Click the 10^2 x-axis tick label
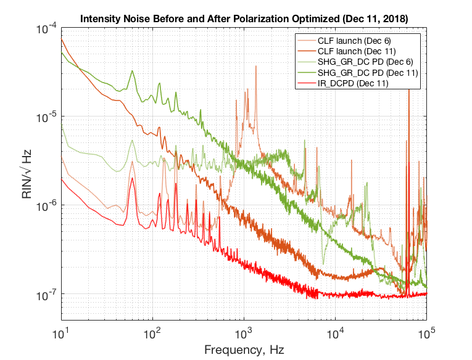(x=153, y=333)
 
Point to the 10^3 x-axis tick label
(x=244, y=333)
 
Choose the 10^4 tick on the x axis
(x=336, y=333)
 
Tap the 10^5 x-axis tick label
(x=426, y=333)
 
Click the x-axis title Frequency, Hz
(x=244, y=350)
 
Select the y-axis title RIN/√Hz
(x=27, y=174)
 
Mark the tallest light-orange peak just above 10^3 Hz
(x=256, y=66)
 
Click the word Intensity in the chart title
(x=99, y=18)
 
